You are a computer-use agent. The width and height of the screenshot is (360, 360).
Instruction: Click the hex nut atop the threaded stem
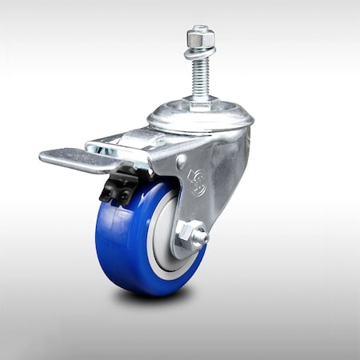(x=198, y=38)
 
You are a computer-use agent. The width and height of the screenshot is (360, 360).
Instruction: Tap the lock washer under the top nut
(x=198, y=54)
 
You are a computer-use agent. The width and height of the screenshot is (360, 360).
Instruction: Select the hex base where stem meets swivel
(x=199, y=103)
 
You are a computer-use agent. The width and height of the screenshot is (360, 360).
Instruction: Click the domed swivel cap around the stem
(x=200, y=116)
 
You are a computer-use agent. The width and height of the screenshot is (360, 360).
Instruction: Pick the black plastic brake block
(x=116, y=188)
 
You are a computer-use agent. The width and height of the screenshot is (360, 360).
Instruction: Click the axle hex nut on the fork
(x=190, y=234)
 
